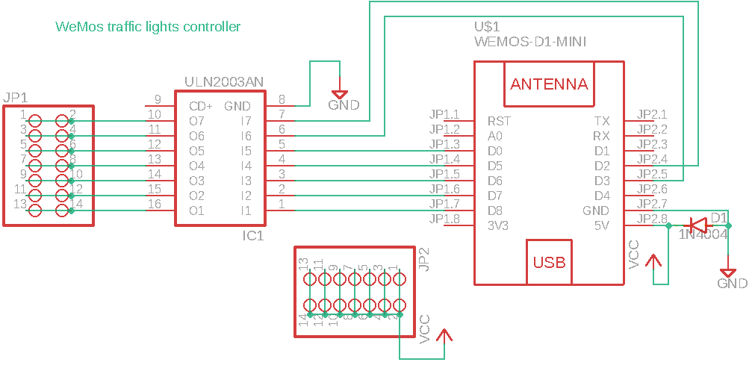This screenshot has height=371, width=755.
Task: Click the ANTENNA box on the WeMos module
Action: (x=549, y=84)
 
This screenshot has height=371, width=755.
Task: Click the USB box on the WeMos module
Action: (x=549, y=262)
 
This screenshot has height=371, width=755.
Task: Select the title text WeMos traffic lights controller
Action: (x=148, y=27)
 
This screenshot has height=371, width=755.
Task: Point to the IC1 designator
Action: (x=253, y=236)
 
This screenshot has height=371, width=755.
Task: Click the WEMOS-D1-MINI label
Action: (x=529, y=42)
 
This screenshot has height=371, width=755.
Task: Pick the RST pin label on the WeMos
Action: (x=499, y=121)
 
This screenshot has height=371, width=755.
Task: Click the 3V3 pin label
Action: (x=498, y=225)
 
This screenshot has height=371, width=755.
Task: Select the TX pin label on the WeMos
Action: (x=601, y=121)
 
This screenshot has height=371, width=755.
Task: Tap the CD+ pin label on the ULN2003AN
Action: (x=201, y=106)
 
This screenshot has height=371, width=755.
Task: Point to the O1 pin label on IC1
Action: (x=196, y=211)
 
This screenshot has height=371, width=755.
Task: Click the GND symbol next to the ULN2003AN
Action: (x=340, y=96)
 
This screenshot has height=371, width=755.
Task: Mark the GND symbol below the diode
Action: (x=728, y=275)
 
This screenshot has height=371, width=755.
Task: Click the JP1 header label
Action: (x=16, y=98)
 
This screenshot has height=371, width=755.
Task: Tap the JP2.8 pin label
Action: (x=652, y=219)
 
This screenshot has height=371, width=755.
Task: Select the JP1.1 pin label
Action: (x=444, y=114)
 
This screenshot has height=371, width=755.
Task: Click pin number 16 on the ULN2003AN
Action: (x=155, y=204)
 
